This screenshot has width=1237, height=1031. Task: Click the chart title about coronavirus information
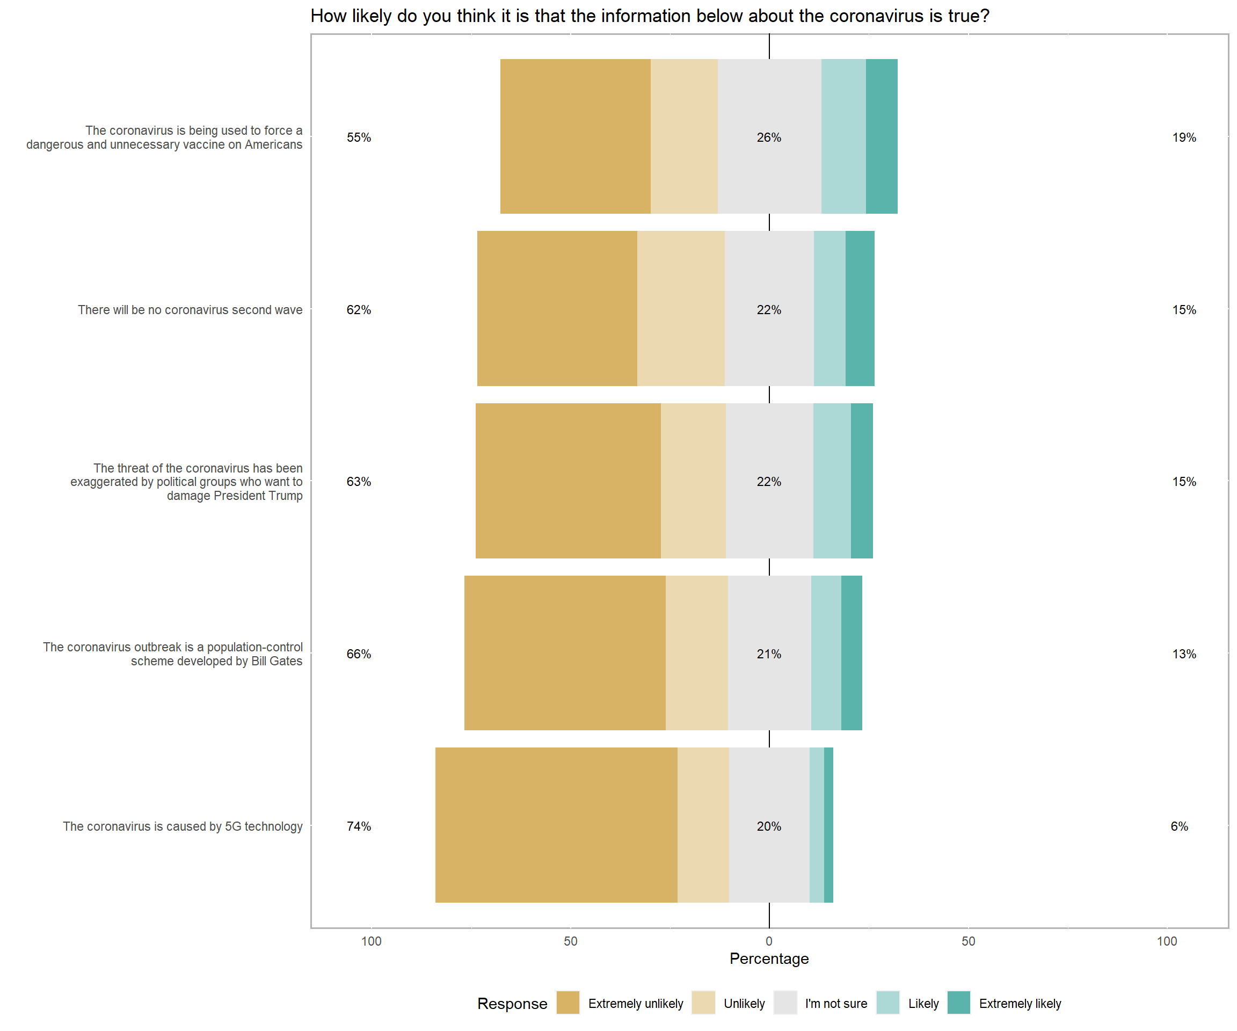coord(650,16)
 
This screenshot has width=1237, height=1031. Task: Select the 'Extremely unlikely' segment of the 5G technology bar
coord(556,825)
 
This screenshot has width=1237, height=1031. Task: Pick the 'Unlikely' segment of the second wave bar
coord(681,308)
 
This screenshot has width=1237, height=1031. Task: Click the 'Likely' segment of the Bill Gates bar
coord(826,653)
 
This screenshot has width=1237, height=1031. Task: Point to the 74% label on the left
coord(359,826)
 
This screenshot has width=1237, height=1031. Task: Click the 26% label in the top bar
coord(769,137)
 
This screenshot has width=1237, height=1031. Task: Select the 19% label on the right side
coord(1184,137)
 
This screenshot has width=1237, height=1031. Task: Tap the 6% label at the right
coord(1179,826)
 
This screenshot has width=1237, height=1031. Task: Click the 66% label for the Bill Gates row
coord(359,654)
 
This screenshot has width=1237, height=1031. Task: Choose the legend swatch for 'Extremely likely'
coord(958,1003)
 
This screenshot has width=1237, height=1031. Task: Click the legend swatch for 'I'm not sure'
coord(785,1003)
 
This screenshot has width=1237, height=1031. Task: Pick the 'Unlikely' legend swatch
coord(703,1003)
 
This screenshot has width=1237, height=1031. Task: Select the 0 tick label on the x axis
coord(769,941)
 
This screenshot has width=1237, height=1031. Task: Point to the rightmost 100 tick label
coord(1167,941)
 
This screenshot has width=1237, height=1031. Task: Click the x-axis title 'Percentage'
coord(769,959)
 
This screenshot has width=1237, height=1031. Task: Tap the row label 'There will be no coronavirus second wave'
coord(190,310)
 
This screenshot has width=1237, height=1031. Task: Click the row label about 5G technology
coord(183,826)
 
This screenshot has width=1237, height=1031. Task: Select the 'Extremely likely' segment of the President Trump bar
coord(862,481)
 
